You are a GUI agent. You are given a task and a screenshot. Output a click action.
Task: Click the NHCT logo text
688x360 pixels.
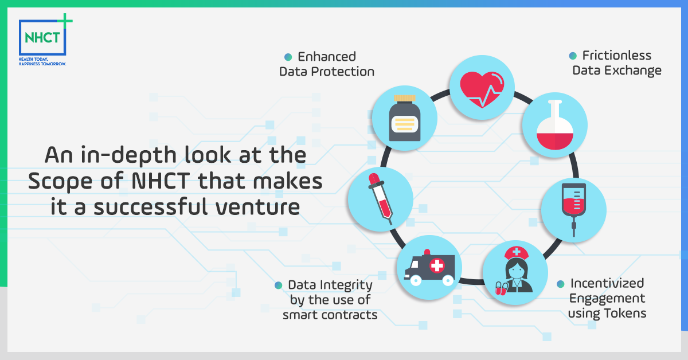point(42,38)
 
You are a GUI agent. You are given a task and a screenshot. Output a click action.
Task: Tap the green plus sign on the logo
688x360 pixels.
point(65,21)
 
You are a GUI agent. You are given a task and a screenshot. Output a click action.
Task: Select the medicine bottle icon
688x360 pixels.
point(405,118)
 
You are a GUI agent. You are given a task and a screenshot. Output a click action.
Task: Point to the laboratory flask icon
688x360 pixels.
point(555,125)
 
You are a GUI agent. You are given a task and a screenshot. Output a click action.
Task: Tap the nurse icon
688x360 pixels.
point(515,271)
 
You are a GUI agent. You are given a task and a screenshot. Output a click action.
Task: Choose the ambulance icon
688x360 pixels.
point(429,268)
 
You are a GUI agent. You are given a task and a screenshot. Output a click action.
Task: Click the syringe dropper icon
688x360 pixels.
point(381,199)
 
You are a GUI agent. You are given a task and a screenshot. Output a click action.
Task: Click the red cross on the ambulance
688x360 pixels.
point(437,265)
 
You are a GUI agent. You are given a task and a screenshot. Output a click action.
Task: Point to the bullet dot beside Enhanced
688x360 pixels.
point(288,57)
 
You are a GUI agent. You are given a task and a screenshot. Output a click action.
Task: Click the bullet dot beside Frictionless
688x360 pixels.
point(573,56)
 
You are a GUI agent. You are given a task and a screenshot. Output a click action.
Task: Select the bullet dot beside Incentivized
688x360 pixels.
point(561,284)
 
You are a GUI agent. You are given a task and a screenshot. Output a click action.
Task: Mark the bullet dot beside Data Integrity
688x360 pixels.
point(278,285)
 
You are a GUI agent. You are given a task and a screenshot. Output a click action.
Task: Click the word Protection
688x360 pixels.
point(342,72)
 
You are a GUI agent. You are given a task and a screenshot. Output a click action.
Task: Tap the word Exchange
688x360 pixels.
point(633,71)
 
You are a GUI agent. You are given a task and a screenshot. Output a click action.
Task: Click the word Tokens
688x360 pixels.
point(625,314)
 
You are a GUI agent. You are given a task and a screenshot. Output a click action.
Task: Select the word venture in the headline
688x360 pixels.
point(257,207)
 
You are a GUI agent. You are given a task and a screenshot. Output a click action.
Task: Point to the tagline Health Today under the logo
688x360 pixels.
point(33,59)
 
